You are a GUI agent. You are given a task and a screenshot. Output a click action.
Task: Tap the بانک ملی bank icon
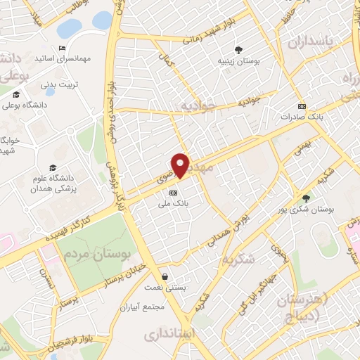pos(174,191)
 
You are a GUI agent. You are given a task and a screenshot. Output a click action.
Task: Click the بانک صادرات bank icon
pos(302,107)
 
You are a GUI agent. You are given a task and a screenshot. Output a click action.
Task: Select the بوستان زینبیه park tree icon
pos(240,50)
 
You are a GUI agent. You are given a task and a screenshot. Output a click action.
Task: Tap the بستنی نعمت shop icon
pos(165,276)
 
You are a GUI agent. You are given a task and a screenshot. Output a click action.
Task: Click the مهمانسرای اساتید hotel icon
pos(63,49)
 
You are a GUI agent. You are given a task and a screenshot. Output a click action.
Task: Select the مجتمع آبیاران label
pos(162,307)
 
